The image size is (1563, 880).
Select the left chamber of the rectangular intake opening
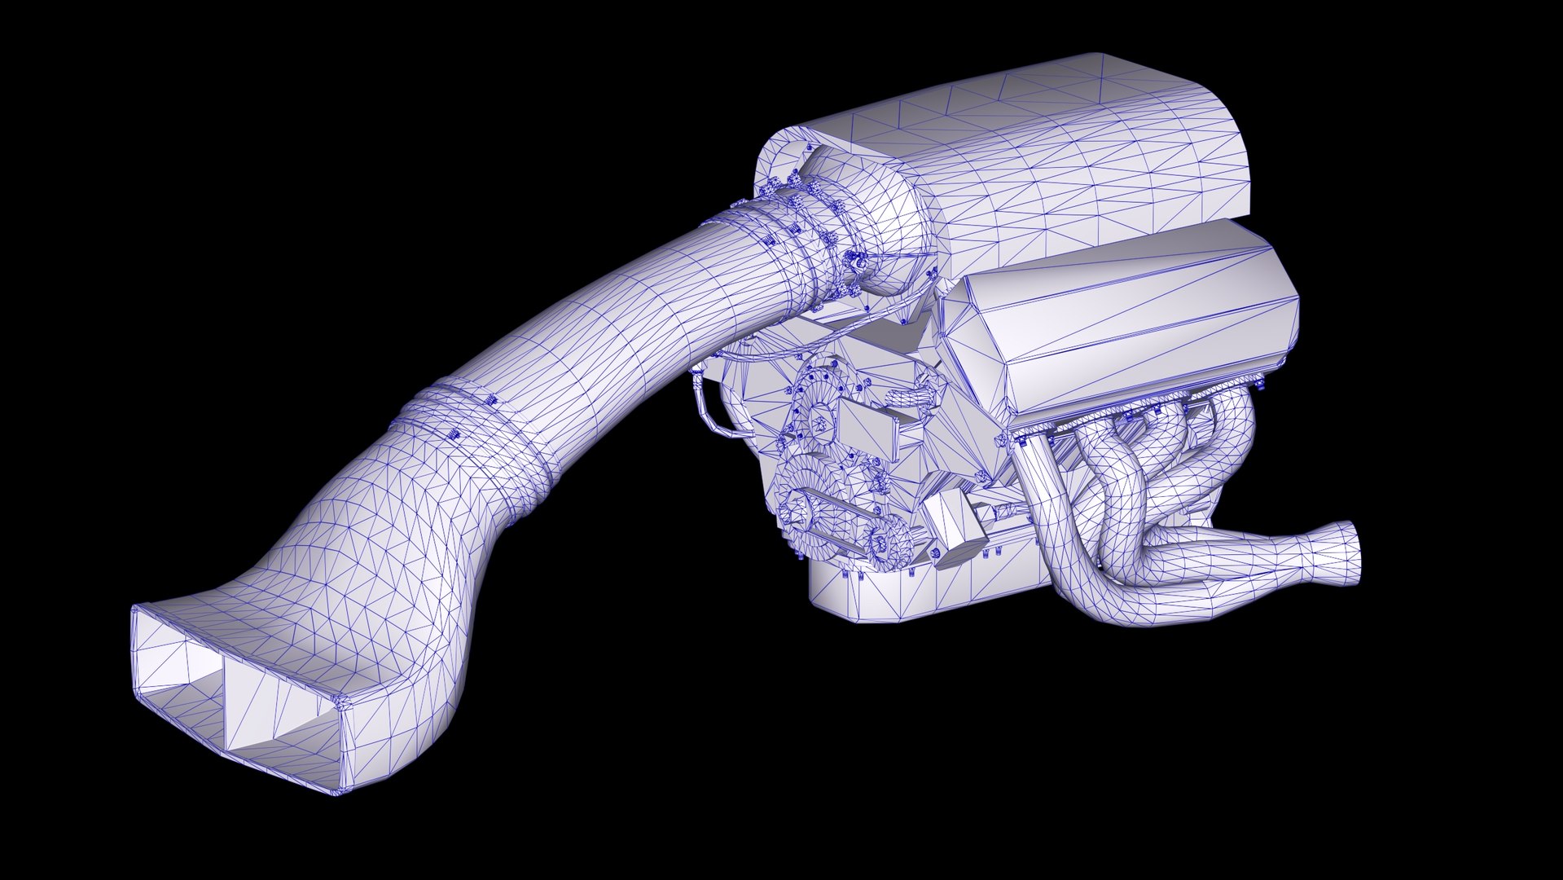coord(181,676)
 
